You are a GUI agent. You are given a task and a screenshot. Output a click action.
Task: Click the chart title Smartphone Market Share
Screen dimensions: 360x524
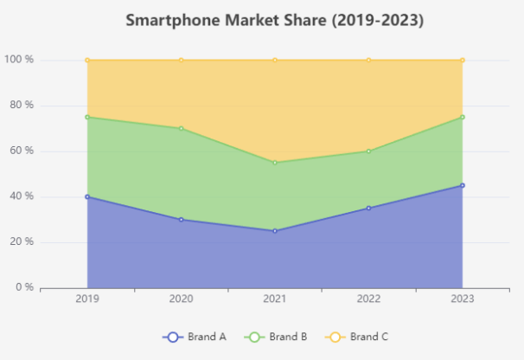point(274,20)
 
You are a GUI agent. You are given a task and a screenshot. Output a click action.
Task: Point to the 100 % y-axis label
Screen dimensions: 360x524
point(19,60)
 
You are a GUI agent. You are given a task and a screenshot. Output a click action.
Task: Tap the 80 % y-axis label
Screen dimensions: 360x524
point(22,106)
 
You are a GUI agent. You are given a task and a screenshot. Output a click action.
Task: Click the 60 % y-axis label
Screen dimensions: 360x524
point(22,151)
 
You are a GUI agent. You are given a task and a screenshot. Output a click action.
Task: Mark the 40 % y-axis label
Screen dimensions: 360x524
point(22,196)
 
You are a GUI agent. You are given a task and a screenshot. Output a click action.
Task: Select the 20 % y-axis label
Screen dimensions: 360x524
point(22,241)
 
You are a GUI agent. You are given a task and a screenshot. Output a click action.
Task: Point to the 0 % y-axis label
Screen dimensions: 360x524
point(24,287)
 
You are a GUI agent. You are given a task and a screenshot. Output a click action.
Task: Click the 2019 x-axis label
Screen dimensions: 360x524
point(87,299)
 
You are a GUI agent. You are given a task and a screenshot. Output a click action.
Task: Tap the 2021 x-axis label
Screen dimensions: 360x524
point(275,299)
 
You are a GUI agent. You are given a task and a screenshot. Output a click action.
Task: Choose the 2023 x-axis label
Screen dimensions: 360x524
point(462,299)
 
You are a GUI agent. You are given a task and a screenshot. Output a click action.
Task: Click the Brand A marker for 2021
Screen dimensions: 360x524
point(275,231)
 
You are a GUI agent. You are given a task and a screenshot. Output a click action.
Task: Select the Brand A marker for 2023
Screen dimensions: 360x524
point(463,185)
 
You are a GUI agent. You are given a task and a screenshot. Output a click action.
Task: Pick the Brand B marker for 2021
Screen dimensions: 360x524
point(275,163)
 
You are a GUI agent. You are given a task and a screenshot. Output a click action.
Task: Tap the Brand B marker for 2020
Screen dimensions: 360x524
point(181,128)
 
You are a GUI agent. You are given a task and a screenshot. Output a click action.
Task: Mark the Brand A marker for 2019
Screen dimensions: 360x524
point(87,196)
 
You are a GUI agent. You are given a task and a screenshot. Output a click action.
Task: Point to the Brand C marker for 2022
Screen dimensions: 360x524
point(368,60)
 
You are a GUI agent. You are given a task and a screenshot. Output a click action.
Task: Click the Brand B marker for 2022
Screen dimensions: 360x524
point(368,151)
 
